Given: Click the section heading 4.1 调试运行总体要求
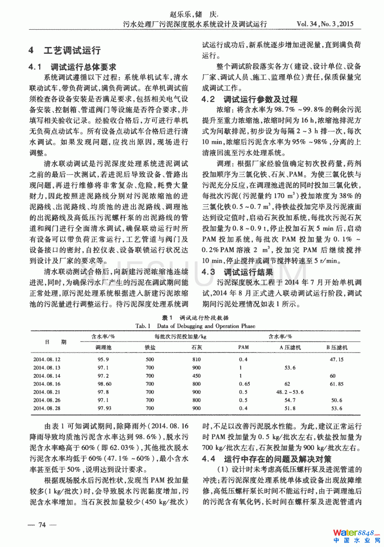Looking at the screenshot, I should click(72, 67).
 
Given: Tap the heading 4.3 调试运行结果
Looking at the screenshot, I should click(237, 272).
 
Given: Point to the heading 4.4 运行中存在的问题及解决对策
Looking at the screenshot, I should click(266, 459).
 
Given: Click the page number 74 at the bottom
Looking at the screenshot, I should click(42, 525).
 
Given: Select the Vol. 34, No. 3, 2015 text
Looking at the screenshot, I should click(325, 24).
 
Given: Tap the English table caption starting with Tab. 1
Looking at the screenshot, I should click(195, 326).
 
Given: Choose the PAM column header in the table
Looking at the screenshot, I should click(243, 347).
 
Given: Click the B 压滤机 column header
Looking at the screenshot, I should click(336, 347).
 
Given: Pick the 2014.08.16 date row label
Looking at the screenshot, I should click(47, 384).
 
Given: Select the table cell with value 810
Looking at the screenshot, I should click(196, 360).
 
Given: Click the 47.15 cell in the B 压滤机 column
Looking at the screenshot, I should click(336, 360).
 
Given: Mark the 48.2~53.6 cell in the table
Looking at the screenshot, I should click(290, 392).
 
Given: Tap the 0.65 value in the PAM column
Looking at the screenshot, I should click(244, 384).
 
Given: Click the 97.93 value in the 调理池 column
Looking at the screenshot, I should click(105, 408).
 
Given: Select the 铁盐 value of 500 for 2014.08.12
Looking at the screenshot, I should click(150, 360).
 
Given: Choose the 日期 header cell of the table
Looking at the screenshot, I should click(55, 342).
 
